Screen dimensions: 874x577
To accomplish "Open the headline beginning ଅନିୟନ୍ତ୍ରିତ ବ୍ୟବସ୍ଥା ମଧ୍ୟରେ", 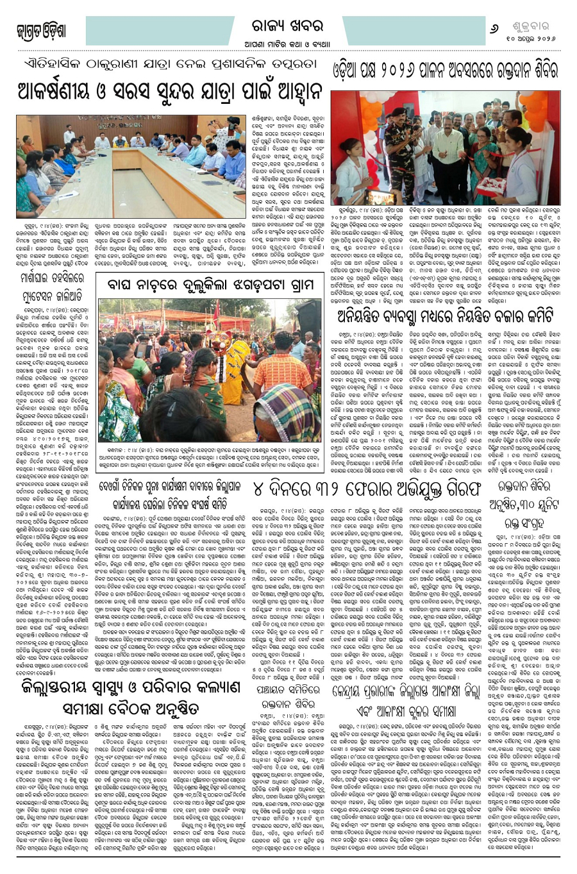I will click(455, 298).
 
